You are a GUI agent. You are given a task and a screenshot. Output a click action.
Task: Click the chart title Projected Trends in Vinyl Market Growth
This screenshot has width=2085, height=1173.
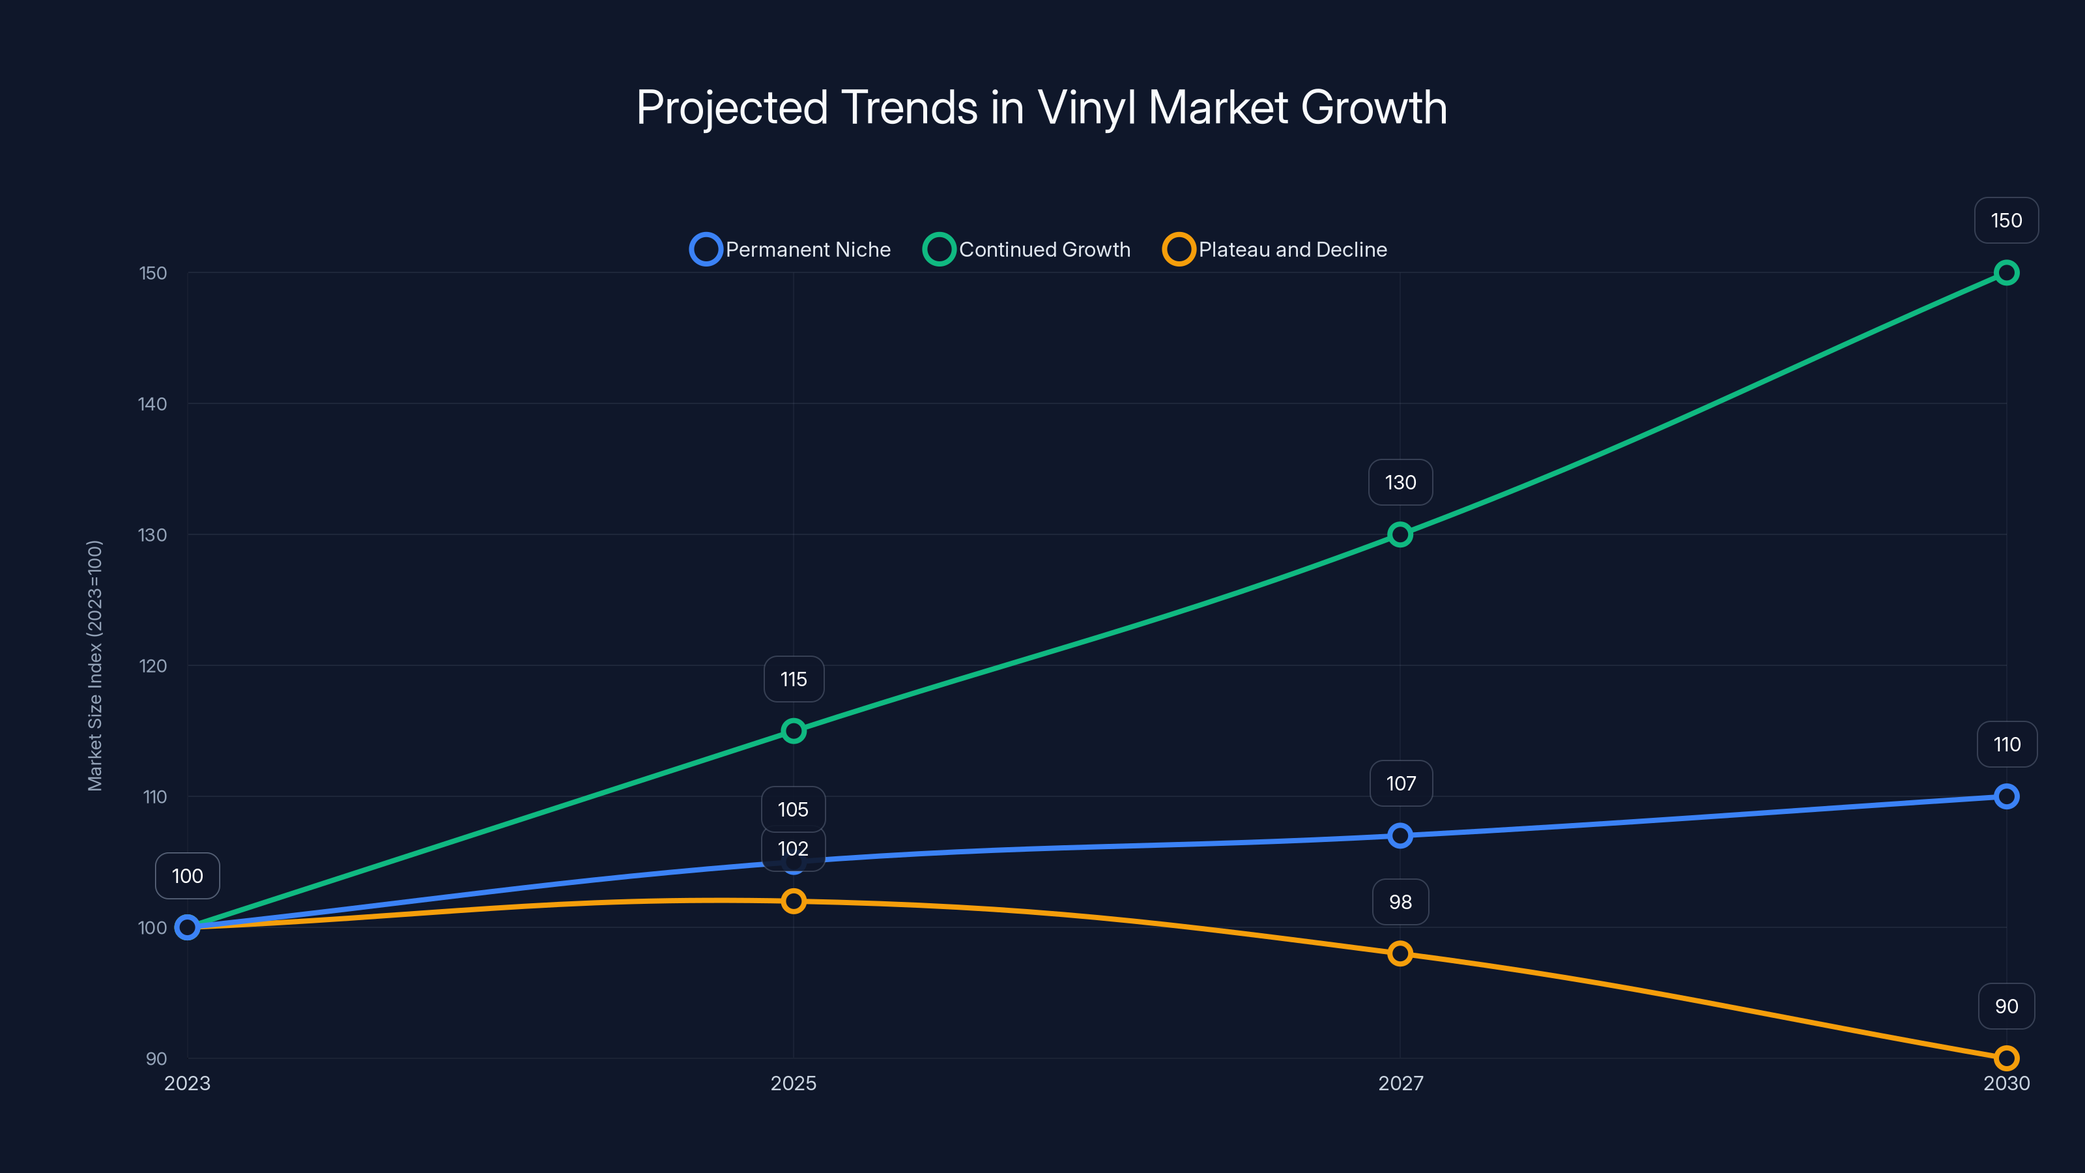1042,107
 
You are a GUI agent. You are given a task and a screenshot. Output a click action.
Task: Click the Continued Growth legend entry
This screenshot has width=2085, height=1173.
1026,250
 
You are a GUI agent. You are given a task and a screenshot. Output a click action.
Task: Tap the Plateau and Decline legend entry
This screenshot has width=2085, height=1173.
1275,250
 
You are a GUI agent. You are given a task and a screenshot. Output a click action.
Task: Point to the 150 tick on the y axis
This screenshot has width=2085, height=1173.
153,274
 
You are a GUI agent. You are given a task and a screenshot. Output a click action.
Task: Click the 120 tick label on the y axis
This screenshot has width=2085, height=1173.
153,666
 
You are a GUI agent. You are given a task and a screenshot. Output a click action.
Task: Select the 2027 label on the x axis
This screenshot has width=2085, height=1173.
1400,1083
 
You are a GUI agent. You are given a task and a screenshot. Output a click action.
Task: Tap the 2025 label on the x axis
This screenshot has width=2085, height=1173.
793,1083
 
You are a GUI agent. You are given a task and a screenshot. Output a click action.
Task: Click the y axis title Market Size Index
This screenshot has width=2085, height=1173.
94,665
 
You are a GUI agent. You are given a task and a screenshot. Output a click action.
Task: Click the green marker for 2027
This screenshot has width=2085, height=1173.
1400,534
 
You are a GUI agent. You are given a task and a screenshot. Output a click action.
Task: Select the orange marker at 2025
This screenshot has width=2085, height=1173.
793,901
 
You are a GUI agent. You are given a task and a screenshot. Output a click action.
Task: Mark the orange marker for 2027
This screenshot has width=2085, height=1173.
1400,953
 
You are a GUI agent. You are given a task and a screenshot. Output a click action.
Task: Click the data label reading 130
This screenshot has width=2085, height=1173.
1400,482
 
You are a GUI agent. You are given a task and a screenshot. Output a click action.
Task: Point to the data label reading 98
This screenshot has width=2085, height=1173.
1400,902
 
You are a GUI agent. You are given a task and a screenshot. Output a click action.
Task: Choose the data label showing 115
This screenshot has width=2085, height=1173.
793,679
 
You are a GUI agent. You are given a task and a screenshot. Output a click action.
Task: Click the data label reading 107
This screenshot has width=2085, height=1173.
1400,783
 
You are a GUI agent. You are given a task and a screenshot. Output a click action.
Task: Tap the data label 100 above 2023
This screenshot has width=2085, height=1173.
187,876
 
